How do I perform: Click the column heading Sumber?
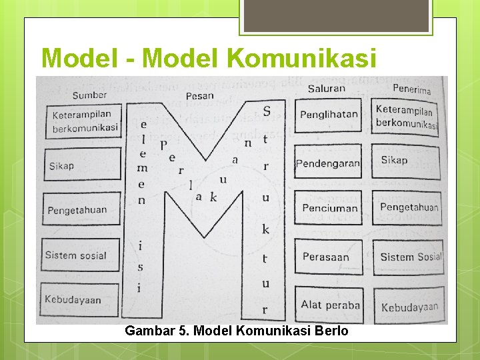pyautogui.click(x=89, y=94)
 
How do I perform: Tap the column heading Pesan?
pyautogui.click(x=199, y=95)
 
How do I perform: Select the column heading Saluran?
pyautogui.click(x=326, y=88)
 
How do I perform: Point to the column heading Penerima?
pyautogui.click(x=411, y=89)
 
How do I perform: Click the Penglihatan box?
pyautogui.click(x=329, y=115)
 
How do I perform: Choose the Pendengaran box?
pyautogui.click(x=328, y=163)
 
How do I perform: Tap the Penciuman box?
pyautogui.click(x=329, y=208)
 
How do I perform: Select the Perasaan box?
pyautogui.click(x=326, y=257)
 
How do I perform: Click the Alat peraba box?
pyautogui.click(x=329, y=305)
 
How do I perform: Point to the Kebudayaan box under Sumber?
pyautogui.click(x=80, y=299)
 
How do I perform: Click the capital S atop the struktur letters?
pyautogui.click(x=267, y=111)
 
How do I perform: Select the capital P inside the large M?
pyautogui.click(x=163, y=144)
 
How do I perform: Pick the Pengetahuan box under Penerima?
pyautogui.click(x=408, y=207)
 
